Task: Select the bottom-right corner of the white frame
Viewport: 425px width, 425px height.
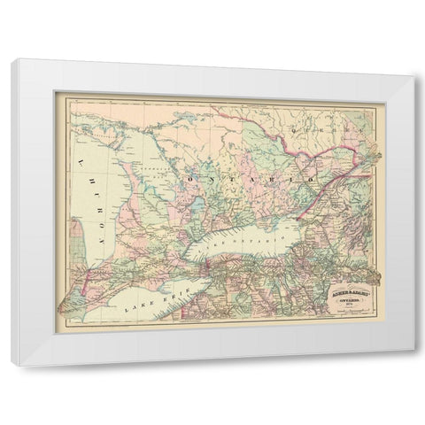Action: pos(413,365)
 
